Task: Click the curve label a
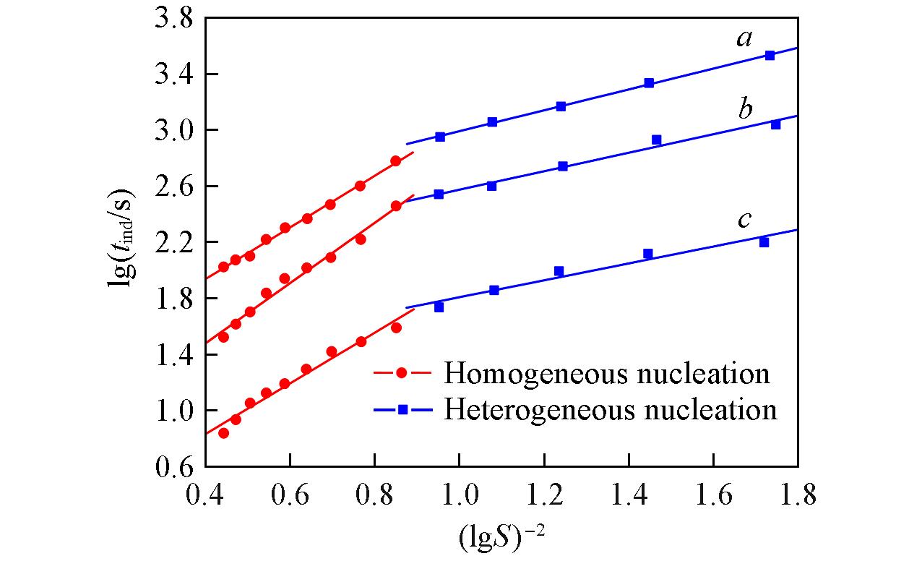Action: (744, 38)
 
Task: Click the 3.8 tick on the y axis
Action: (173, 18)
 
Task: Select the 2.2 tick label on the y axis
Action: (173, 242)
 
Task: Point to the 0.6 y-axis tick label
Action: (173, 467)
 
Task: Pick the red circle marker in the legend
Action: (402, 374)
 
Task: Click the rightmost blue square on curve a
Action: (770, 55)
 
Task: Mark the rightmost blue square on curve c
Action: (764, 242)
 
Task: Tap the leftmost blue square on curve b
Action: (439, 194)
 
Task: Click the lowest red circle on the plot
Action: (223, 433)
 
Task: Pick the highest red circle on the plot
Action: (395, 161)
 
